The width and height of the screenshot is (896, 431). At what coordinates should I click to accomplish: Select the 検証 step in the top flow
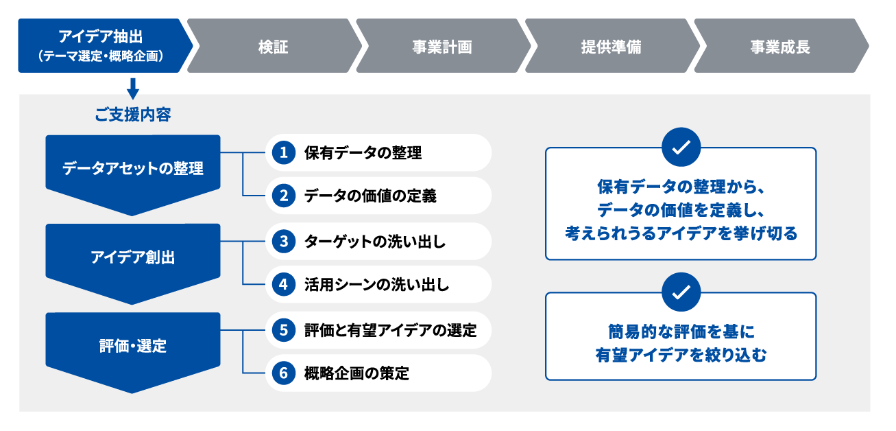pos(274,46)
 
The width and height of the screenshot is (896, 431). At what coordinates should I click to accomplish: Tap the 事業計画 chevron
pos(443,46)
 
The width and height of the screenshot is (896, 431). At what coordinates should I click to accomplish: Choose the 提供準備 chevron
pos(612,46)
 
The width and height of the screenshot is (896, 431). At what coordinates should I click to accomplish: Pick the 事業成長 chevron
pos(781,46)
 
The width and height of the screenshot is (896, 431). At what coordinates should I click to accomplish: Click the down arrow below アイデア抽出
pos(133,89)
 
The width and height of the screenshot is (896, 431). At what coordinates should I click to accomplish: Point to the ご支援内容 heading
pos(133,115)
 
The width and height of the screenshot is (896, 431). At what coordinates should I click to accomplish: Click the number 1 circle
pos(284,152)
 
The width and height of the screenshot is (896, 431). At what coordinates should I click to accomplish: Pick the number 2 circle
pos(284,196)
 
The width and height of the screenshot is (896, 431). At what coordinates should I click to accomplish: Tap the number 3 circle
pos(284,242)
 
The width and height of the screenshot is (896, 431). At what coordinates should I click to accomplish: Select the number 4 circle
pos(284,284)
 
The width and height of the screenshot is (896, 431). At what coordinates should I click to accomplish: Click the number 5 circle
pos(284,330)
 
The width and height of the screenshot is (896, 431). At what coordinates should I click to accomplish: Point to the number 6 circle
pos(284,373)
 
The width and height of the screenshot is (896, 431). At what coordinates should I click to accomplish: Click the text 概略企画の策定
pos(356,373)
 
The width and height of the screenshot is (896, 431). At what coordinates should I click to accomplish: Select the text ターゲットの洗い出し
pos(375,242)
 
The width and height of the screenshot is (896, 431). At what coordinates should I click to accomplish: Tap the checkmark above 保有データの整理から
pos(681,147)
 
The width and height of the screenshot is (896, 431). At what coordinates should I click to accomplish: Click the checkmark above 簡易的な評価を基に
pos(681,292)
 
